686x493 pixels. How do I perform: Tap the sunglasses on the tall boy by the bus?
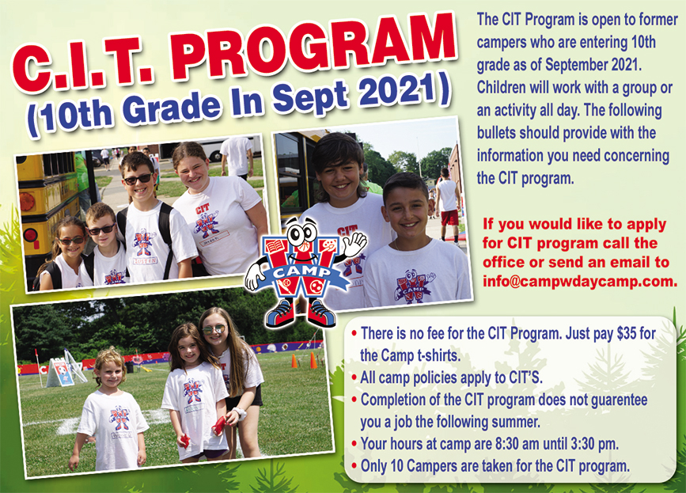[137, 179]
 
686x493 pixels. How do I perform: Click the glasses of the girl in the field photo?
[213, 329]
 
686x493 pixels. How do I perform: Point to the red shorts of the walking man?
[450, 217]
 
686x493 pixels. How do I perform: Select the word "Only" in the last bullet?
[373, 465]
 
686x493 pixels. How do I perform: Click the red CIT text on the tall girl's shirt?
[203, 208]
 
